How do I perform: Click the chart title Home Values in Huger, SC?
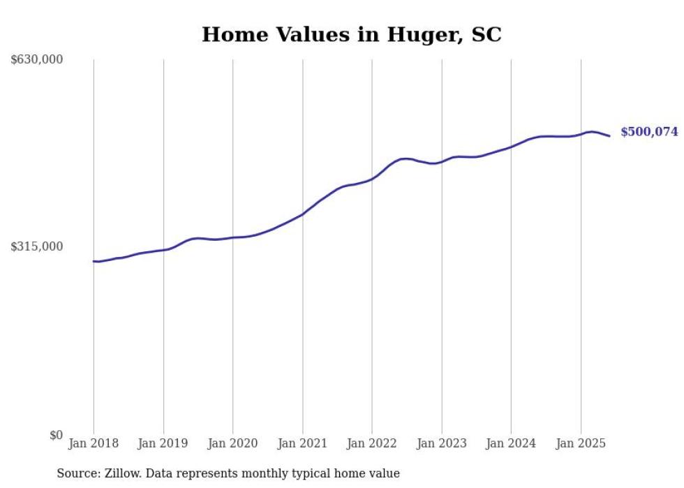point(351,34)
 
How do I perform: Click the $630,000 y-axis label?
point(37,60)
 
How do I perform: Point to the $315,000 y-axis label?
point(37,246)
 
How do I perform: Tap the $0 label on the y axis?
point(56,435)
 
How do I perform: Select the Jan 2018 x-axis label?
point(94,443)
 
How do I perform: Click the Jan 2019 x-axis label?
point(163,443)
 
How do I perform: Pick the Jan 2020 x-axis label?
point(233,443)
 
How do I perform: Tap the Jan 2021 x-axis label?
point(302,443)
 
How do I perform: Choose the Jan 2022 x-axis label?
point(372,443)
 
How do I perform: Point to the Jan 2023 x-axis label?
point(441,443)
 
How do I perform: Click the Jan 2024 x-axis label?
point(511,443)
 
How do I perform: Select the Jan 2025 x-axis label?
point(581,443)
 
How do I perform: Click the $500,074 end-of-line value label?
point(649,132)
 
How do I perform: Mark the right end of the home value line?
point(610,136)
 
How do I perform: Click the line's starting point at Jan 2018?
point(94,261)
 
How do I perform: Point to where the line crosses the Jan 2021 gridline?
point(302,214)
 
